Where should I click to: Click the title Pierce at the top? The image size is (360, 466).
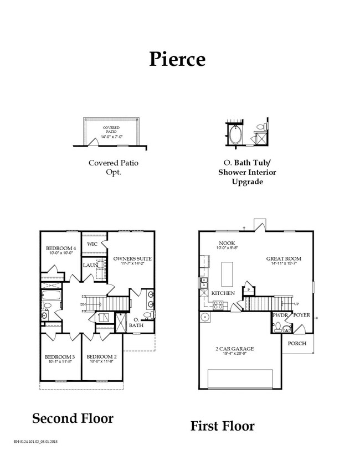pos(177,59)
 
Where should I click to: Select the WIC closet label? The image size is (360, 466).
pos(92,244)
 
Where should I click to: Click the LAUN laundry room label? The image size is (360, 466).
pos(90,265)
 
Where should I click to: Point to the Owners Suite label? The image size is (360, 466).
pos(132,258)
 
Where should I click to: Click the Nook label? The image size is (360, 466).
pos(227,243)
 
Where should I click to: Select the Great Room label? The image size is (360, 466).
pos(284,258)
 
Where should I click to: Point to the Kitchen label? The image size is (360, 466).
pos(223,293)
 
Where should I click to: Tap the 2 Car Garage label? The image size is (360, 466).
pos(235,349)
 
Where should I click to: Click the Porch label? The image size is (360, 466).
pos(297,343)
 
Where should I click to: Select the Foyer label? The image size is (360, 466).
pos(302,315)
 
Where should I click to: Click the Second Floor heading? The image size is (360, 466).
pos(73,418)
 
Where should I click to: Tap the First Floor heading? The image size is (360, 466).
pos(223,426)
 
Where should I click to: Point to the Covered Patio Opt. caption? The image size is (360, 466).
pos(114,168)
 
